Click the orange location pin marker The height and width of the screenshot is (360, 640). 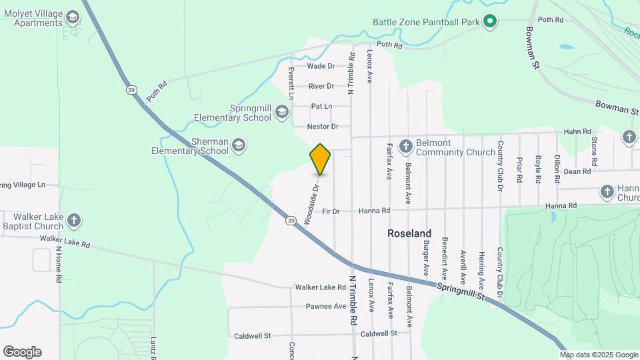tap(320, 159)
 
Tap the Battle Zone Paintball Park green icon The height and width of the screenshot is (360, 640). tap(490, 22)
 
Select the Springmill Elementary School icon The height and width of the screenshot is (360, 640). tap(282, 113)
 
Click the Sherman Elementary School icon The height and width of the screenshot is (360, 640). tap(238, 145)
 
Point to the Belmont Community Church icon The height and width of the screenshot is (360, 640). tap(405, 147)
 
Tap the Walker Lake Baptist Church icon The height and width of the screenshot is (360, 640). tap(74, 221)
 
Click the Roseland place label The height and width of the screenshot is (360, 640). tap(409, 233)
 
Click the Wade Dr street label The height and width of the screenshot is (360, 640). tap(321, 66)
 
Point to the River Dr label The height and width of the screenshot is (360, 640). tap(321, 86)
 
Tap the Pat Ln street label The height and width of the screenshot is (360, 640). tap(321, 106)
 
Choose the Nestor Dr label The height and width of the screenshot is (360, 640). tap(323, 126)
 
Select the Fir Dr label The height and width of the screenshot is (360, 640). tap(331, 211)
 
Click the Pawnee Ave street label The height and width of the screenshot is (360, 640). tap(326, 306)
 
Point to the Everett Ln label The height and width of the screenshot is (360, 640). tap(291, 83)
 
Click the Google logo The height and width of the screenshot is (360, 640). tap(22, 352)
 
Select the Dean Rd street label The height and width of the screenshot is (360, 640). tap(577, 171)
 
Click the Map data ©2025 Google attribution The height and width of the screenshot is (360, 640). tap(599, 355)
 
